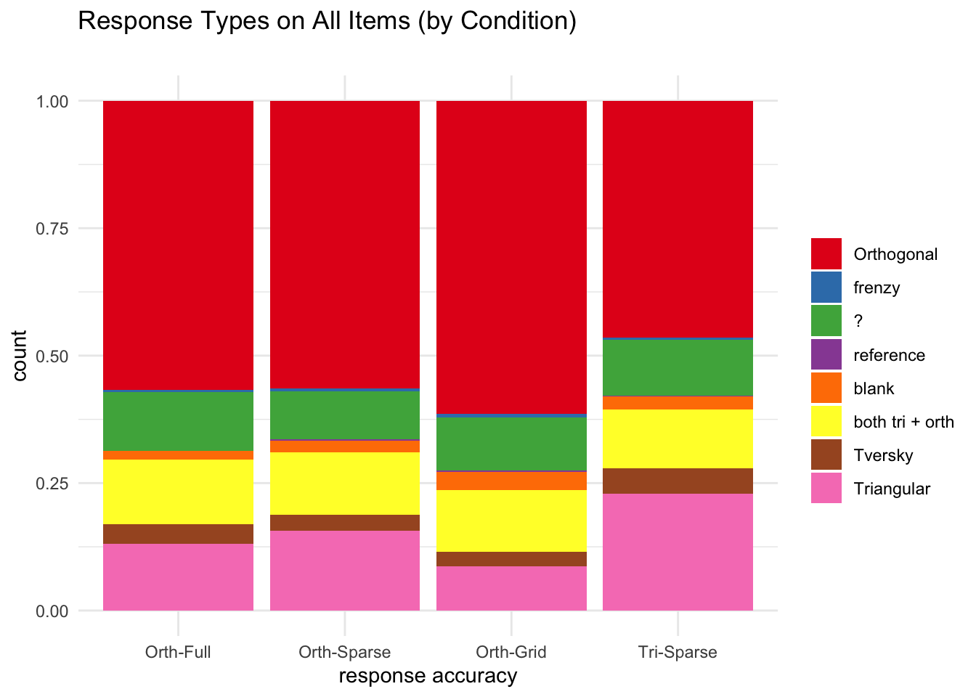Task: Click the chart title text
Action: (327, 20)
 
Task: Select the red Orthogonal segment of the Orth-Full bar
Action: (178, 245)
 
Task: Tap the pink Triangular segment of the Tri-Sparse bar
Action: (678, 552)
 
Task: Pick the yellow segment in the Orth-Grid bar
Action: (511, 521)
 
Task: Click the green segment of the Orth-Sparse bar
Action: (345, 415)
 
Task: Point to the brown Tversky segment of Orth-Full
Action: (178, 534)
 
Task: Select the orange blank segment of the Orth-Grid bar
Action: (511, 481)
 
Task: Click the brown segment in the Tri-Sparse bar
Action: (678, 481)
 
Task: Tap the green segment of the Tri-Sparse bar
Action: (678, 367)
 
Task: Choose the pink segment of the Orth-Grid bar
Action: (511, 589)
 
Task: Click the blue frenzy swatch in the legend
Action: (826, 287)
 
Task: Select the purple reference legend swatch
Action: (826, 354)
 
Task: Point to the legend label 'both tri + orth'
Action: (903, 422)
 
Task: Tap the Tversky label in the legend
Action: (883, 455)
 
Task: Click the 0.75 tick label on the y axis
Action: (52, 229)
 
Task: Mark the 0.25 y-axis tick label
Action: (52, 484)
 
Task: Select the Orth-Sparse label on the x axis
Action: (345, 652)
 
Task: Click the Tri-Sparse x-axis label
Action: (678, 652)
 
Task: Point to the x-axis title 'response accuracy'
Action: (428, 676)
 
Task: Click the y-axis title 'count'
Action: (19, 356)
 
